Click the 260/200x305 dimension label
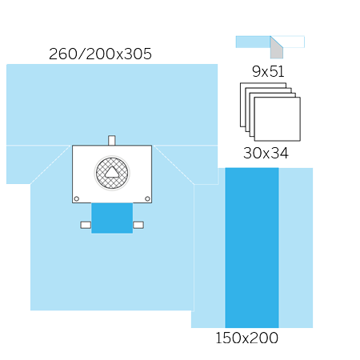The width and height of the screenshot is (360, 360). point(100,54)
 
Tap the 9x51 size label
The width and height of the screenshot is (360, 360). point(268,71)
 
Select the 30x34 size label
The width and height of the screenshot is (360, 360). point(266,153)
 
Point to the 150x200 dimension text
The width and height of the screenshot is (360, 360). point(246,338)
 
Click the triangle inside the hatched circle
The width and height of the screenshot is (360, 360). point(112,172)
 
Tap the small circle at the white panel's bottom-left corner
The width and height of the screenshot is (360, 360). point(77,198)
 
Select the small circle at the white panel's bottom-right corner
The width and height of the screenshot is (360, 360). point(147,198)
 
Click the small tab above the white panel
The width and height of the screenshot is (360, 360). point(112,140)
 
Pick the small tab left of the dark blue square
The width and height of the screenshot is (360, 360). point(86,225)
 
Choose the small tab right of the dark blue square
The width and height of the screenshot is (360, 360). point(138,225)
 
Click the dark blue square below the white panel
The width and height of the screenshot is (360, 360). point(112,218)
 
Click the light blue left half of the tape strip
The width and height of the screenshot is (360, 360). point(254,42)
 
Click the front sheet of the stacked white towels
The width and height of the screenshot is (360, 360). point(278,119)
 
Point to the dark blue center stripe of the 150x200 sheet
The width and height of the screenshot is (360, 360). point(252,248)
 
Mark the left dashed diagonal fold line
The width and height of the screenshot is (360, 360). point(50,165)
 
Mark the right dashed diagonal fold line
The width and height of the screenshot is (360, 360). point(174,165)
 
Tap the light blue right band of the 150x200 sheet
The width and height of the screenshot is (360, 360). point(296,248)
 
